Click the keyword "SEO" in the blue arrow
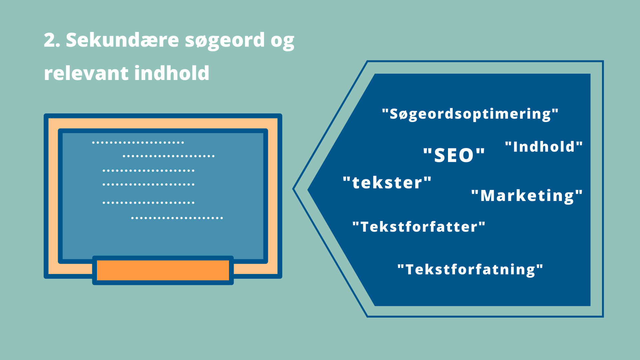(454, 155)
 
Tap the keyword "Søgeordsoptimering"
(470, 114)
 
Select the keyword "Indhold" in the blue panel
(544, 147)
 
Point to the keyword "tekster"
(387, 183)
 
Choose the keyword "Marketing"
(527, 196)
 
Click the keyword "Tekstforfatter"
(419, 227)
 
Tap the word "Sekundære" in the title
(123, 40)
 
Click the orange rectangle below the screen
(163, 270)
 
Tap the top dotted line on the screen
(138, 143)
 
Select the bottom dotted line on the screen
(177, 218)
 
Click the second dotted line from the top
(169, 156)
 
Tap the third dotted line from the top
(148, 171)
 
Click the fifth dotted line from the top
(148, 203)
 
